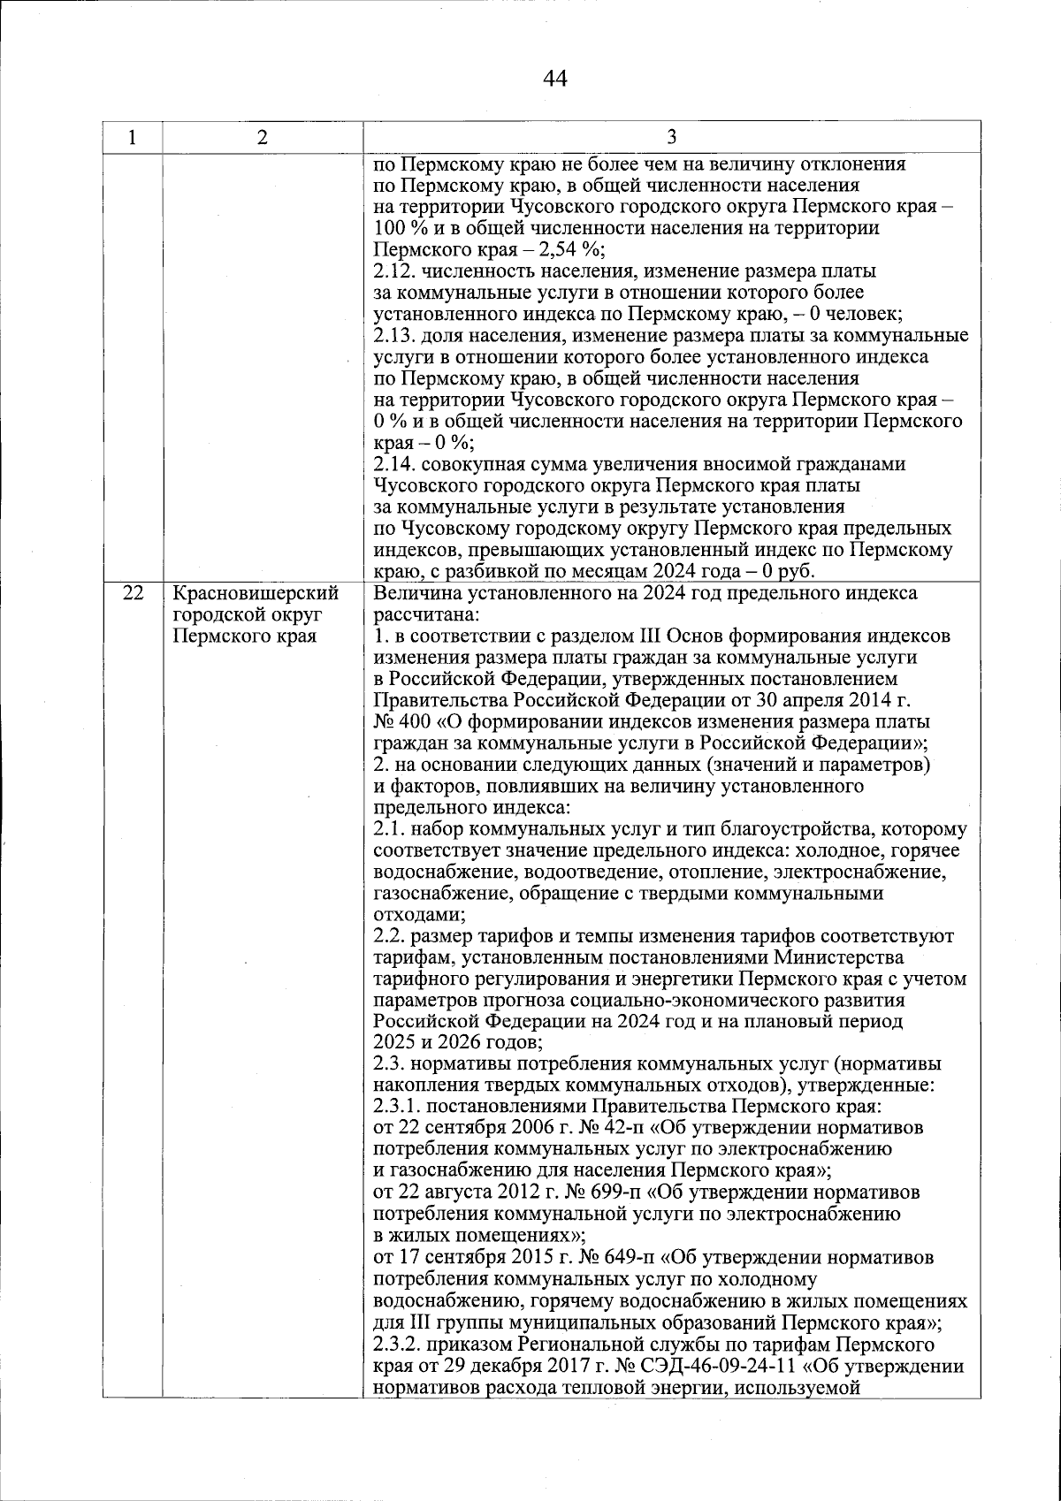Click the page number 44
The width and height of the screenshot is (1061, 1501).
[x=554, y=80]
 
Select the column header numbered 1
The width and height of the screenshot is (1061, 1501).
[x=132, y=137]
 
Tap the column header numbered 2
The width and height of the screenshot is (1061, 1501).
[x=262, y=137]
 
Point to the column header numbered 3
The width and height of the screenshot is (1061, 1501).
[x=671, y=137]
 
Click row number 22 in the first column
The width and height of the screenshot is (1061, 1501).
[x=132, y=594]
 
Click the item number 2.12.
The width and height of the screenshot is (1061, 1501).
[x=393, y=270]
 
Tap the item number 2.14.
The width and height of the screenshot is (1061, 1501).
[x=393, y=465]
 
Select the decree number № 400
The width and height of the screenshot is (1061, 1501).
[x=398, y=722]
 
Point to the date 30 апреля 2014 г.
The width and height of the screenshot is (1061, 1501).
[x=839, y=701]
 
